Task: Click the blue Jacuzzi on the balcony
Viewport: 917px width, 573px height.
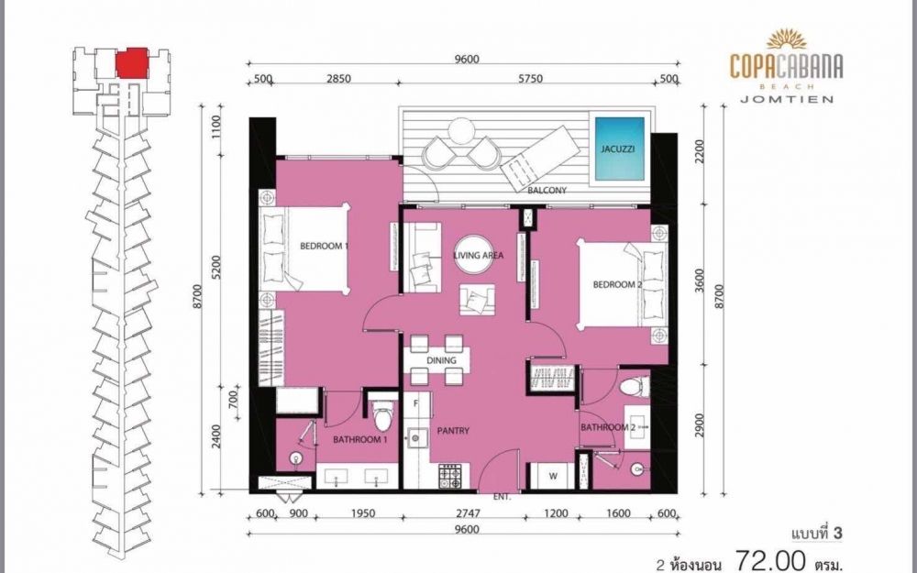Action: [619, 148]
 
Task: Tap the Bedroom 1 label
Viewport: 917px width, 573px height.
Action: [325, 246]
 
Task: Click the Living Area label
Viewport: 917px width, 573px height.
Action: [478, 256]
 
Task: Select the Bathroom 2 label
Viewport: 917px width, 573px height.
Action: [607, 427]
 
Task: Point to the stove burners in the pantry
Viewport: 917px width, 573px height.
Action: [451, 476]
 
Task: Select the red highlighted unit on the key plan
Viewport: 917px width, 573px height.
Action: [132, 63]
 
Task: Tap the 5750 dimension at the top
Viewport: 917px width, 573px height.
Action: [530, 79]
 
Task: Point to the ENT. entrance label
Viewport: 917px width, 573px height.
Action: [502, 496]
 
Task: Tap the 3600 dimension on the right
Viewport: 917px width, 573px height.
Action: [701, 284]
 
